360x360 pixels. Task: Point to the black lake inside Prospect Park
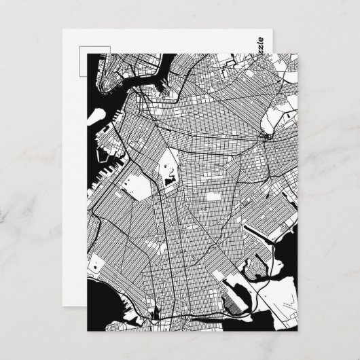168,180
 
